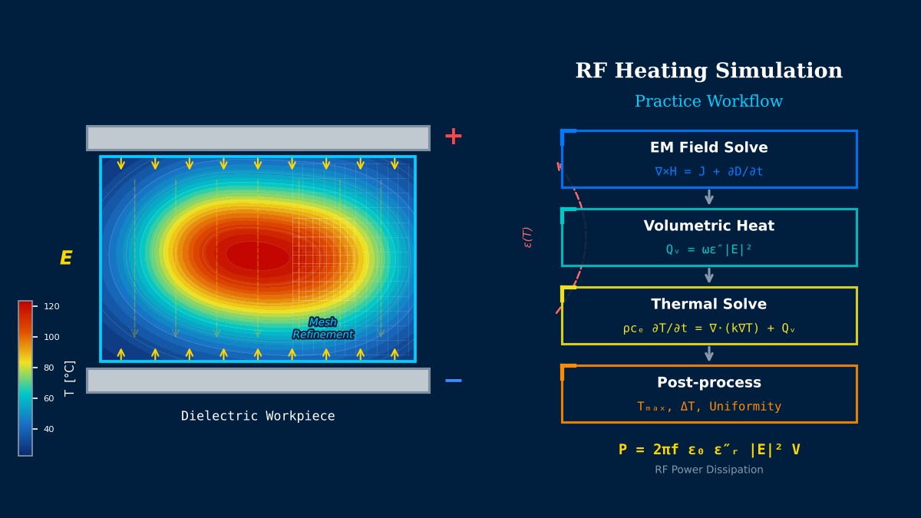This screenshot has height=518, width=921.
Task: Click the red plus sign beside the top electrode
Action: click(x=453, y=137)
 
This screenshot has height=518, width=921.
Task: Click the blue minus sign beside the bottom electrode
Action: click(x=453, y=381)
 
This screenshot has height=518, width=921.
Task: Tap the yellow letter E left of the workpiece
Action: click(x=66, y=258)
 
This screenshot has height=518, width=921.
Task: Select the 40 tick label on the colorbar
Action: click(x=49, y=429)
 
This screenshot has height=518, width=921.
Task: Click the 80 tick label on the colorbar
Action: click(x=49, y=368)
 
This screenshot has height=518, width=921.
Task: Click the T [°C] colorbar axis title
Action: click(x=70, y=378)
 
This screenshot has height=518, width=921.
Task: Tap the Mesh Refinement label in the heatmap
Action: click(x=323, y=328)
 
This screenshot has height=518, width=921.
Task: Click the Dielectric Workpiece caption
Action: click(x=258, y=416)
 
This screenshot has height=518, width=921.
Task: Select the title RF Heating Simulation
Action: click(x=709, y=71)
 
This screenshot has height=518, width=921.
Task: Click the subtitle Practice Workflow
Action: click(x=709, y=101)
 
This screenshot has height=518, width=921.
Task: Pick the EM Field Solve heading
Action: click(x=709, y=147)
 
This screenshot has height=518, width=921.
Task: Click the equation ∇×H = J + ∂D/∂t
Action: click(x=709, y=171)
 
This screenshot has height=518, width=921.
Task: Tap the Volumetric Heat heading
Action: click(x=709, y=226)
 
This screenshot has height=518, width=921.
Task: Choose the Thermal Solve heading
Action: click(x=709, y=304)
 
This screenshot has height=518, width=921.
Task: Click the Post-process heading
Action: click(x=709, y=382)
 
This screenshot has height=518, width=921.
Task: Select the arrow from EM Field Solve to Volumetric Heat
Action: click(x=709, y=197)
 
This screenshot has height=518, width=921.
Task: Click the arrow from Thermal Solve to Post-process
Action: click(x=709, y=354)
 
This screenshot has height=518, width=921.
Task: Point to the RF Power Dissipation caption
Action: click(x=709, y=470)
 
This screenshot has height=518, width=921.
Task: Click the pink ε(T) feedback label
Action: click(x=527, y=238)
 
